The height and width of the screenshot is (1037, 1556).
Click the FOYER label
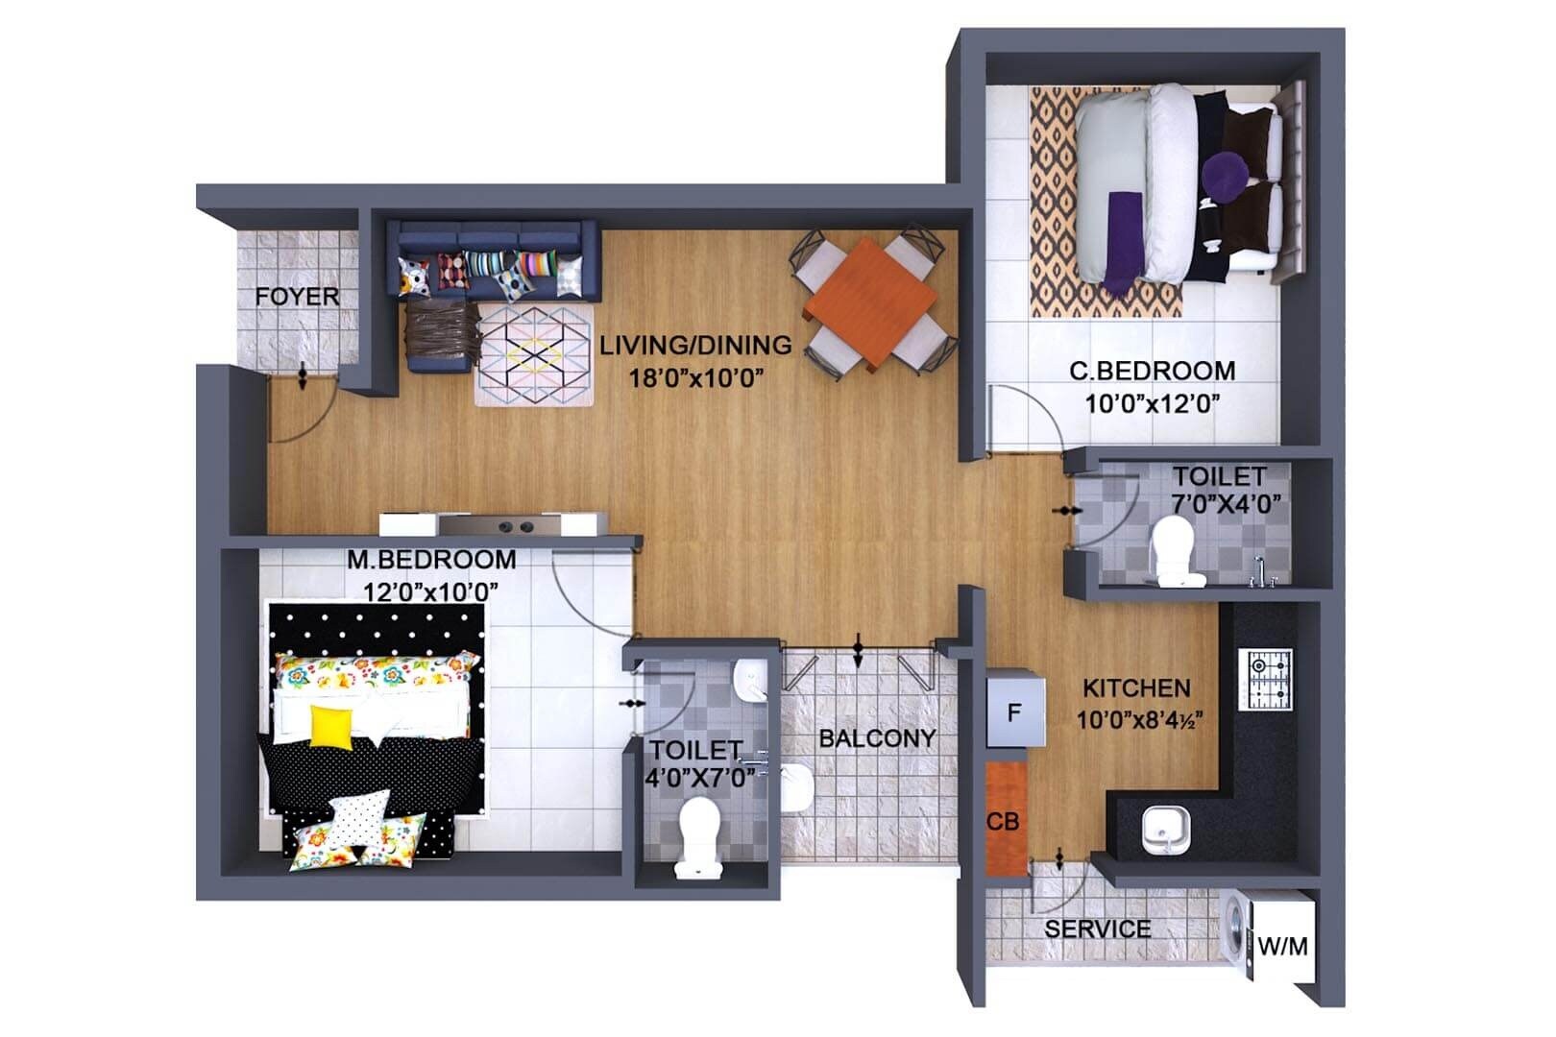pos(297,297)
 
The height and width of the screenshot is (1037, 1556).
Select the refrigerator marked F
pos(1012,712)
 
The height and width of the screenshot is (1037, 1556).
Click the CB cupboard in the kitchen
pos(1004,821)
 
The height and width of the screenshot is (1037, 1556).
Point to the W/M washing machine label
pos(1283,947)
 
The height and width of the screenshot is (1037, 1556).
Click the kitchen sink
pos(1166,830)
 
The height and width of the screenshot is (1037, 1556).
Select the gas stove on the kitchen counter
pos(1270,678)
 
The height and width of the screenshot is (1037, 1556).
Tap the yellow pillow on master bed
pos(331,725)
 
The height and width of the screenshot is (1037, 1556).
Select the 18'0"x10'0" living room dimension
pos(695,377)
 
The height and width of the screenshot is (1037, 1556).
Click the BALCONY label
pos(876,738)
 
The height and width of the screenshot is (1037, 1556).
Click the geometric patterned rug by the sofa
pos(535,353)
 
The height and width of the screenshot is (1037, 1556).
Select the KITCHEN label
pos(1136,688)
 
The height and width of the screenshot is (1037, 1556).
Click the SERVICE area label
pos(1097,928)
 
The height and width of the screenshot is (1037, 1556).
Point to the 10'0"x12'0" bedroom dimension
pos(1152,403)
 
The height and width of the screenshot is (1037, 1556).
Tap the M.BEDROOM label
pos(431,559)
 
